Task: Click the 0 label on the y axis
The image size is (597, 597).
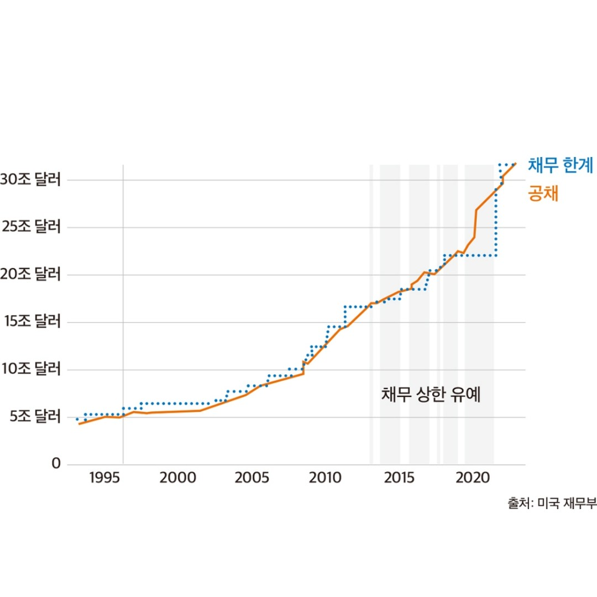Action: [56, 464]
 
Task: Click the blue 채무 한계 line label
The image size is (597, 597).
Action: [560, 165]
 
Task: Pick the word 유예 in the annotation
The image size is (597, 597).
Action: [468, 396]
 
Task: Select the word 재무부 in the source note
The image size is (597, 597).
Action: [579, 504]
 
